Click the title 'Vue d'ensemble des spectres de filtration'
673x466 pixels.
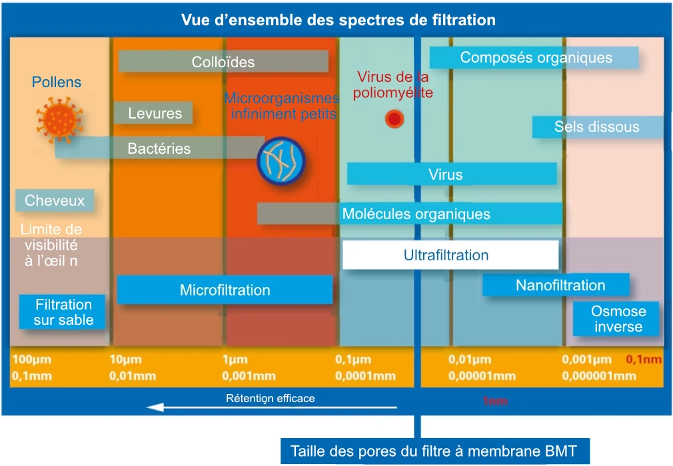pos(338,20)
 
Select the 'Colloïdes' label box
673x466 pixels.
pos(223,62)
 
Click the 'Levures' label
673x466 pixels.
pos(153,113)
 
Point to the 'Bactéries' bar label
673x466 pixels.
pos(159,148)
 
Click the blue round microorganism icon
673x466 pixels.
pos(281,160)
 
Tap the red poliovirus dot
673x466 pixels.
pos(394,119)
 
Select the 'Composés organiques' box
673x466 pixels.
pos(534,57)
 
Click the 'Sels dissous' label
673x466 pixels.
pos(596,126)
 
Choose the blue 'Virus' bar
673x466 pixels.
pos(452,174)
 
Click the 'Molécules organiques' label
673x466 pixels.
pos(416,214)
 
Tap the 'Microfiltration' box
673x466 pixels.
pos(225,290)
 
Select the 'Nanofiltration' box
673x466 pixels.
pos(556,286)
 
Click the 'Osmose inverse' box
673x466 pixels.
pos(617,319)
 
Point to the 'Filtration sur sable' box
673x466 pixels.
pos(63,312)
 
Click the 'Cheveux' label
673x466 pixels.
pos(55,200)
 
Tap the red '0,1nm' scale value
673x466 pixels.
pos(643,359)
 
